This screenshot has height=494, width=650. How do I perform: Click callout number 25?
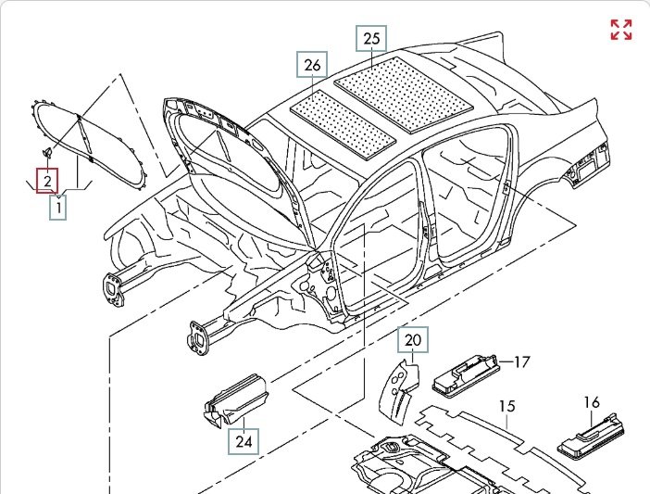(371, 39)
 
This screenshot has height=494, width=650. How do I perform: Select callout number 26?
(313, 66)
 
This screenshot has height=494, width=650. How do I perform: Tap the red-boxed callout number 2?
(47, 181)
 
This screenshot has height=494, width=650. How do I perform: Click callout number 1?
(58, 209)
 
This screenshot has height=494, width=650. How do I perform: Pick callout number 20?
(413, 341)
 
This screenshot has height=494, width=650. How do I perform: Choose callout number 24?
(244, 441)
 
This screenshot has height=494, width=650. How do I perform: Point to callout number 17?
(521, 361)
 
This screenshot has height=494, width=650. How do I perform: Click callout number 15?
(506, 406)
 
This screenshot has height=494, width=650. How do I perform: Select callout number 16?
(592, 402)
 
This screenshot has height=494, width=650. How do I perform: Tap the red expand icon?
(621, 30)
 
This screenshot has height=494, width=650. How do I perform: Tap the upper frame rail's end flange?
(114, 286)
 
